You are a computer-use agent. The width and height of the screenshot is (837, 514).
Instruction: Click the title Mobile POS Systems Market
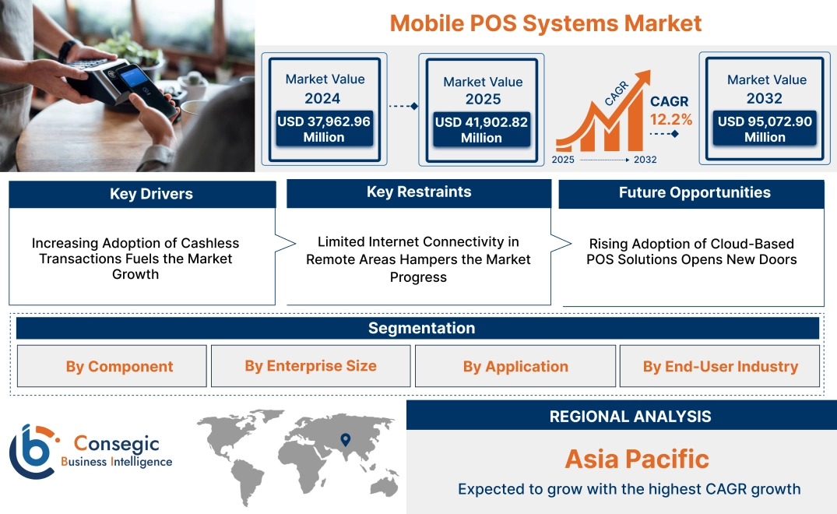coord(546,23)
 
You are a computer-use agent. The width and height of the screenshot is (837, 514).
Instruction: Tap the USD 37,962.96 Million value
coord(324,129)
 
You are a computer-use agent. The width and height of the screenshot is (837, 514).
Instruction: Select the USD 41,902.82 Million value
coord(481,130)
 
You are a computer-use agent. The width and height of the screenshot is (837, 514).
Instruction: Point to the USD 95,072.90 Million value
coord(765,129)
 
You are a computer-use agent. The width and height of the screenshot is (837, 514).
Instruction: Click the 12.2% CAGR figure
coord(670,120)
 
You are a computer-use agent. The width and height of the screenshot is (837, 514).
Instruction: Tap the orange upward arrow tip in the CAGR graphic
coord(645,76)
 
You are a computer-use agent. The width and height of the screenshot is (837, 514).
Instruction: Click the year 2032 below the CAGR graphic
coord(645,160)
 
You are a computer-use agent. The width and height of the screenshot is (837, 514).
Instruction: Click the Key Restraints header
coord(419,192)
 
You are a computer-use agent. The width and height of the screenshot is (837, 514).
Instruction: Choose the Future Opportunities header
coord(695,192)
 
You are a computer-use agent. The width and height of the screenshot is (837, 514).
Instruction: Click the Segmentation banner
coord(421,328)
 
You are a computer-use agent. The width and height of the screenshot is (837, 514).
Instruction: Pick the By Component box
coord(119,366)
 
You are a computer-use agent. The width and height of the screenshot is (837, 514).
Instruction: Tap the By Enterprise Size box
coord(311,366)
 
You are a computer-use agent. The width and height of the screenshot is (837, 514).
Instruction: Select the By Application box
coord(515,366)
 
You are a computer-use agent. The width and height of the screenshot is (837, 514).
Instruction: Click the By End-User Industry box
coord(720,366)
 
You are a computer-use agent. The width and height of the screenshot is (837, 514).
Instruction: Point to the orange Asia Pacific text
coord(637,459)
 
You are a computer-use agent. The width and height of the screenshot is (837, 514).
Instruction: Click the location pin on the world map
coord(345,441)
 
